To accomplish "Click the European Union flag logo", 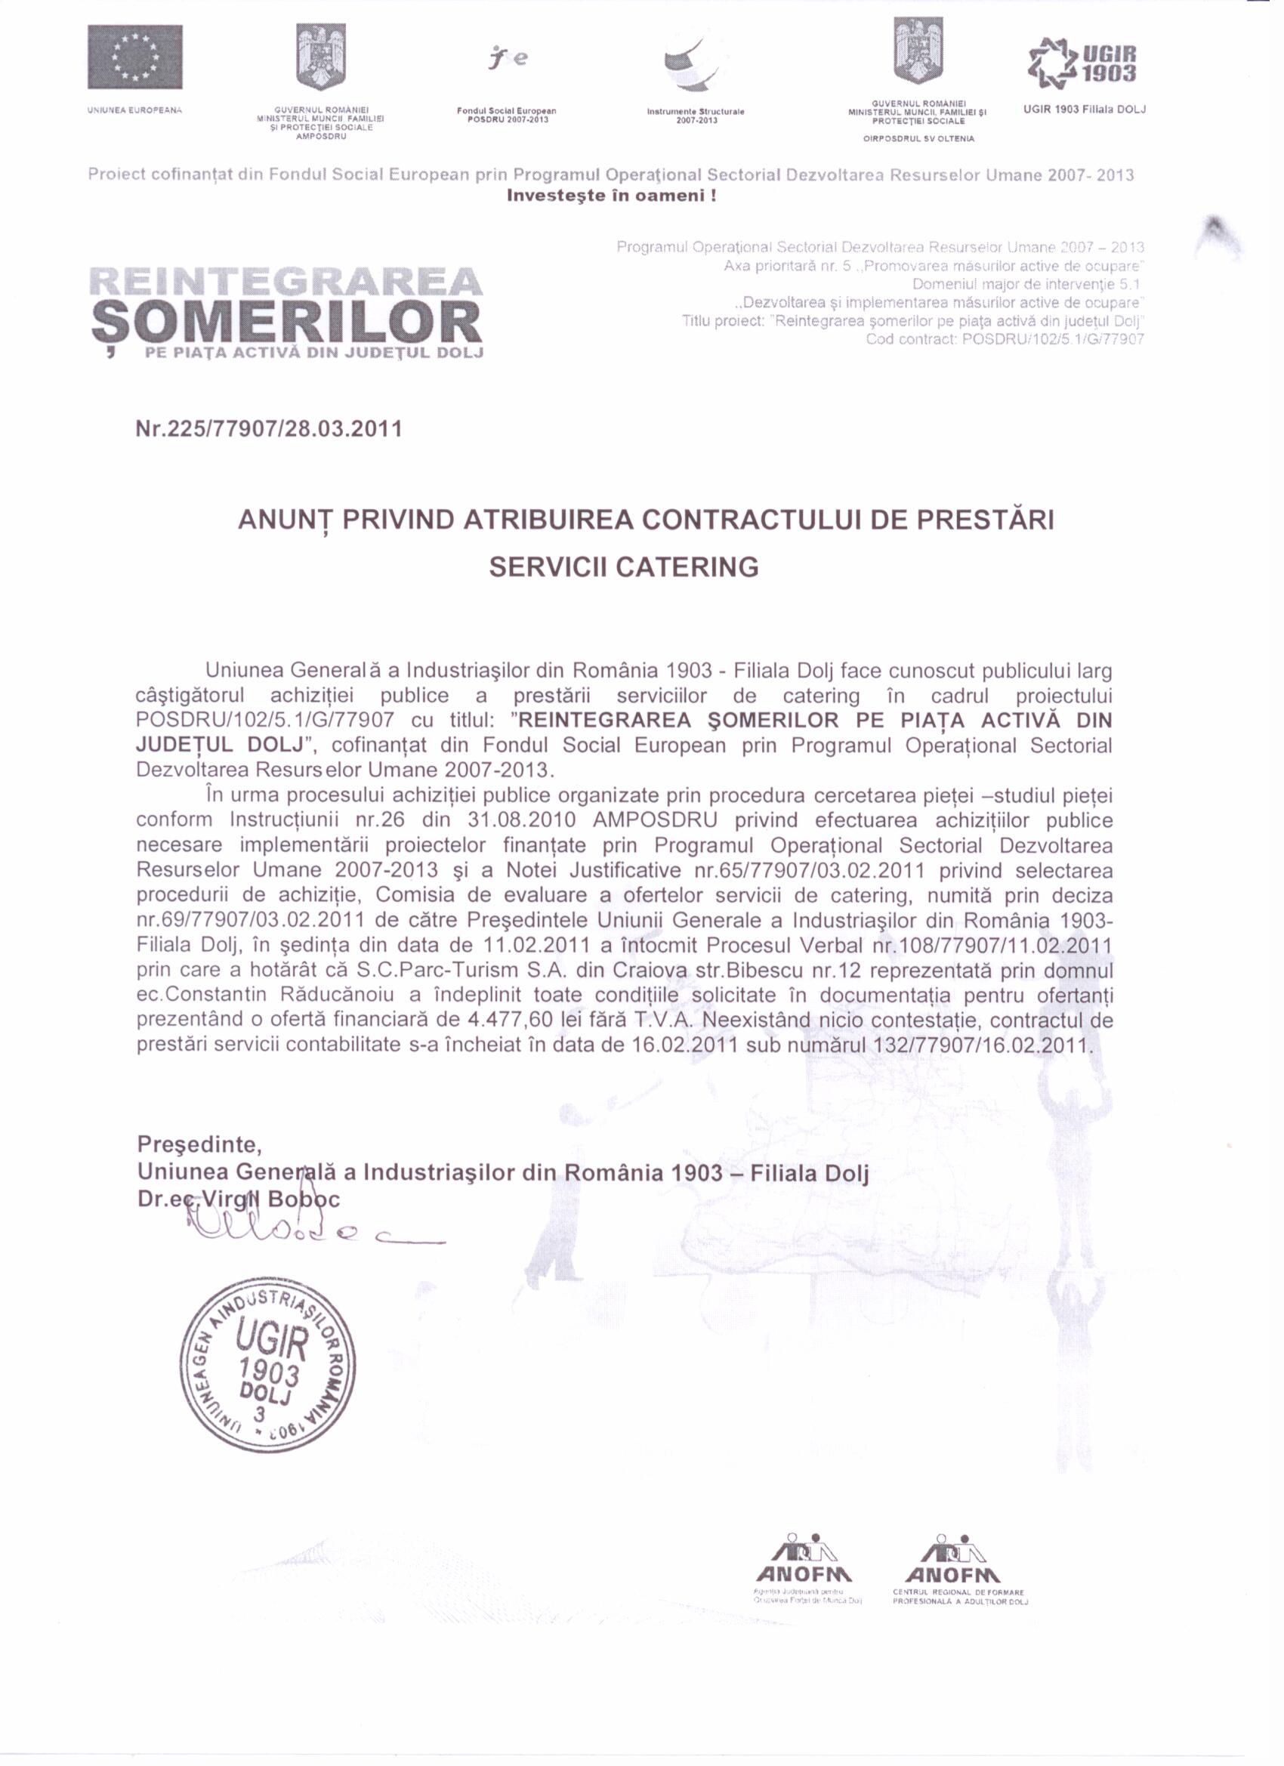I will point(134,57).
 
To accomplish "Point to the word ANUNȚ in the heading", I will point(285,520).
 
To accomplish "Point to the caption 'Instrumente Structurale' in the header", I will point(696,111).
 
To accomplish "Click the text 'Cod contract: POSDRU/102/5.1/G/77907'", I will point(1005,338).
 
